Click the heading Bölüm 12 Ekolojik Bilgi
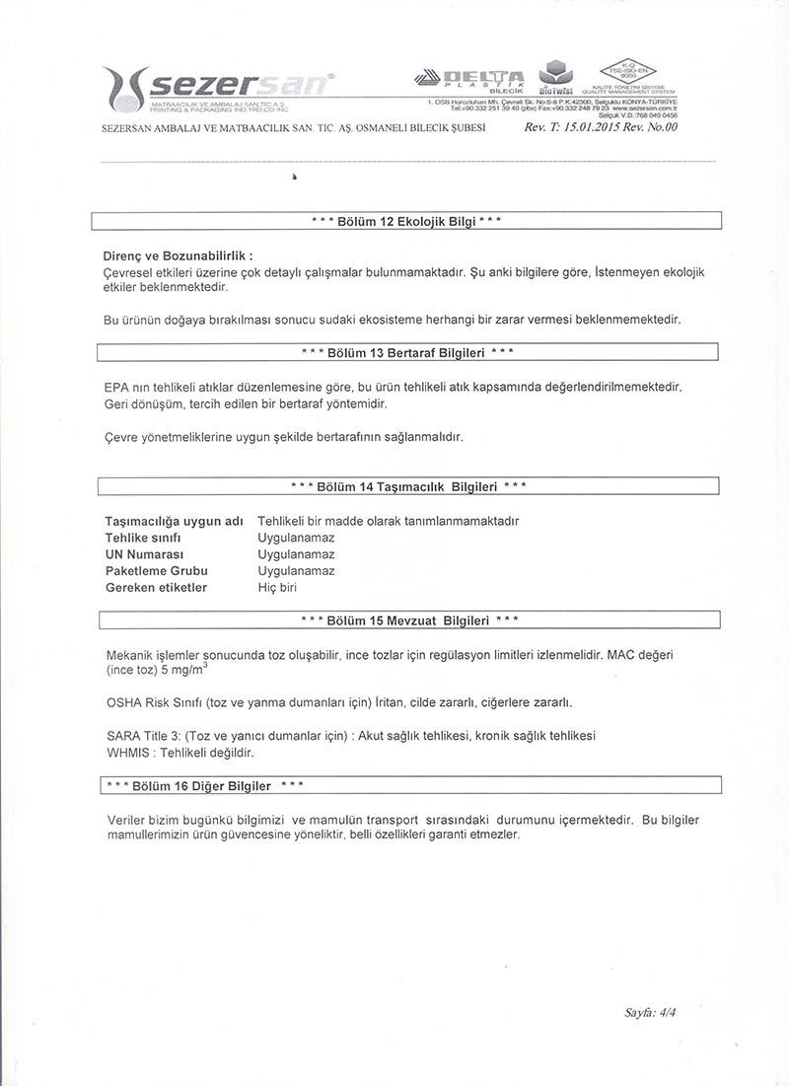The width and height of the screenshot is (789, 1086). (406, 221)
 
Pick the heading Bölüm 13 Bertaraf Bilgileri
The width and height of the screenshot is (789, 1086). (406, 352)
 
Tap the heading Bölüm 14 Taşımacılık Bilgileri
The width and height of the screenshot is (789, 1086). (408, 486)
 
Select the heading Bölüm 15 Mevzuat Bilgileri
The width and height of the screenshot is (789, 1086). (408, 620)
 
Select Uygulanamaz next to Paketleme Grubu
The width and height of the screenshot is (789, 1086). (296, 571)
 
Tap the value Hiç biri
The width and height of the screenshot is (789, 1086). (277, 588)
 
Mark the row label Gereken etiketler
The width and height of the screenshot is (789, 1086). (156, 588)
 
